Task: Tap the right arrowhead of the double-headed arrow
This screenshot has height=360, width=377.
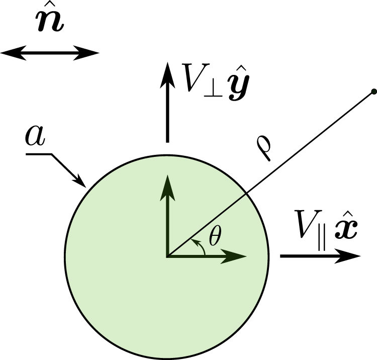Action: [91, 52]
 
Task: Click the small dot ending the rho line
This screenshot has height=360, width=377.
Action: [373, 92]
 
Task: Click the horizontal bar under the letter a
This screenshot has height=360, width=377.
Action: [38, 154]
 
